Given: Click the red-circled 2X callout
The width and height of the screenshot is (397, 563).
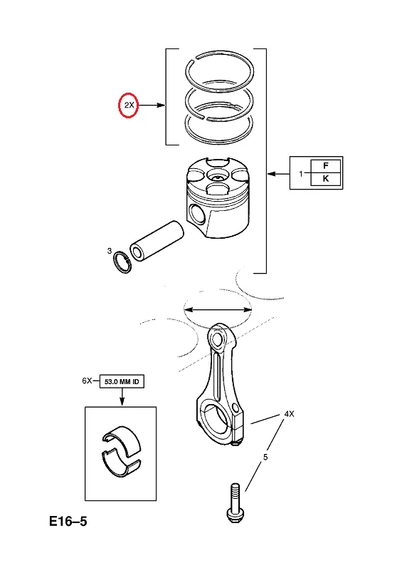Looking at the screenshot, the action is pos(128,105).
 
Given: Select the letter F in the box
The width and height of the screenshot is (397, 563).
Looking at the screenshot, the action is pos(326,165).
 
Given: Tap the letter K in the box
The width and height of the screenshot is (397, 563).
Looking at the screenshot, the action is pos(326,178).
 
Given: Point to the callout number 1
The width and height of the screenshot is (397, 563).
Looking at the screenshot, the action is pos(301,174).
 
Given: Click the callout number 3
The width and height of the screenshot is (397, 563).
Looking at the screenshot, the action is pos(110,251).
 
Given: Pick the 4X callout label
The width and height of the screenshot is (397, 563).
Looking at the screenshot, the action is pos(289,413).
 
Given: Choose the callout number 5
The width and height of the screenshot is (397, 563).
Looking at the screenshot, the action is pos(265,457).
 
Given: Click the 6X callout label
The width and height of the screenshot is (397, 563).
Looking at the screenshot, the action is pos(87,381).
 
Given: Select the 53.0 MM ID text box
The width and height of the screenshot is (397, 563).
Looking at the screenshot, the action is pos(122,381).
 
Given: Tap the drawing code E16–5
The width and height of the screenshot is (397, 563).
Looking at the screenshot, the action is pos(68,521).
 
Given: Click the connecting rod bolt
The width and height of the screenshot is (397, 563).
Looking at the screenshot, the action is pos(234,502).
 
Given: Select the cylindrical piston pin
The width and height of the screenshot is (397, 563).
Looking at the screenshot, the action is pos(157,241).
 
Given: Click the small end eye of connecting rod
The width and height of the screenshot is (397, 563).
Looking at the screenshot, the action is pos(217,338).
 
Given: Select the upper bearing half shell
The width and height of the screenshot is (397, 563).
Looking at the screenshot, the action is pos(122,438).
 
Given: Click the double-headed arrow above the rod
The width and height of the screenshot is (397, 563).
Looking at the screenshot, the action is pos(218,309).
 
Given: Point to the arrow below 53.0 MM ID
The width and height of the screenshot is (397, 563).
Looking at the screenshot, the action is pos(122,397).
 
